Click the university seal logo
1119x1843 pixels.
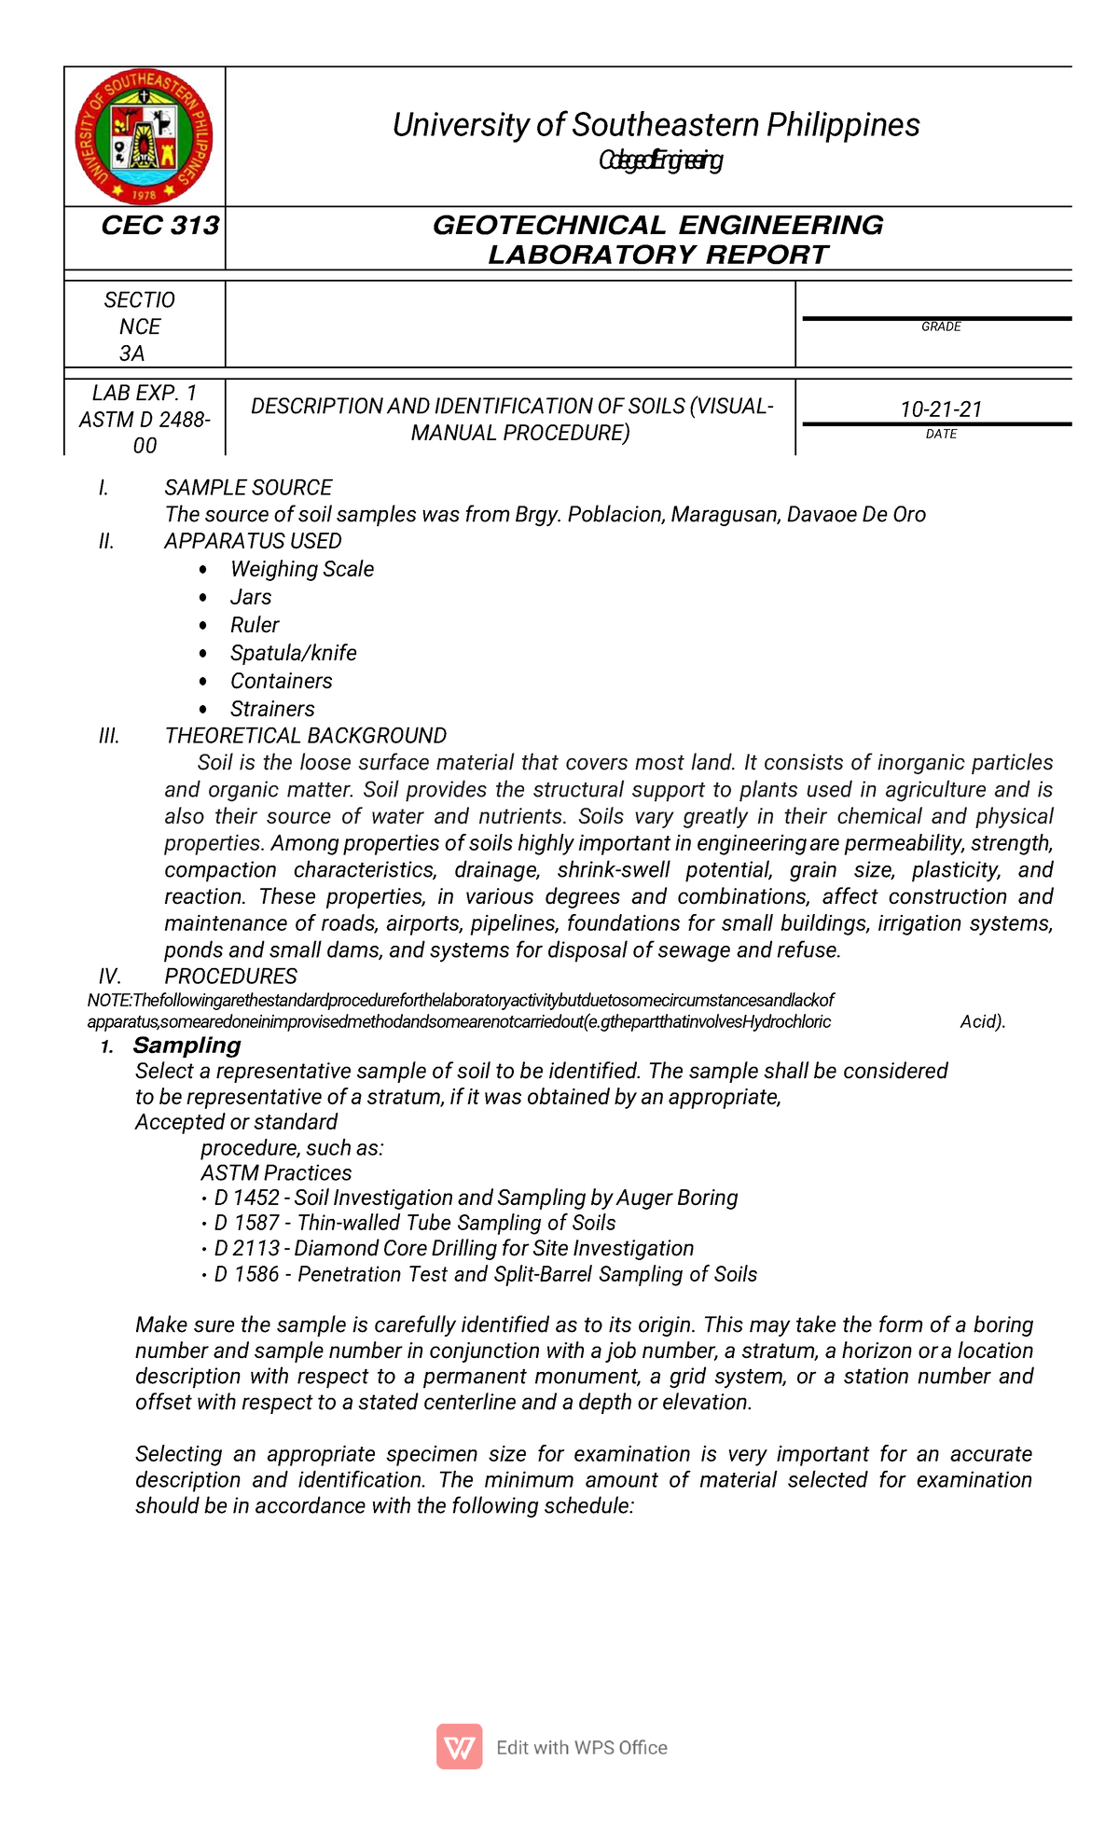[144, 137]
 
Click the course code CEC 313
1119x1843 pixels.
[159, 226]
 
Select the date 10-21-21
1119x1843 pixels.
[941, 409]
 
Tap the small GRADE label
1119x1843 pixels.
[941, 327]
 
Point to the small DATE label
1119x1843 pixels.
[941, 435]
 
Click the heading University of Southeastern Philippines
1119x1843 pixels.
[656, 125]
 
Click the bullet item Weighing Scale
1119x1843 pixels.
[302, 569]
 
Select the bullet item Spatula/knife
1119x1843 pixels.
[293, 653]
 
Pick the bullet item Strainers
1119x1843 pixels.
[272, 709]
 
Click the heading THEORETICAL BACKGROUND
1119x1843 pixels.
[305, 736]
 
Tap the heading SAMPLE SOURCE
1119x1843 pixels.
[248, 488]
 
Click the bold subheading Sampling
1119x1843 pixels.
[186, 1046]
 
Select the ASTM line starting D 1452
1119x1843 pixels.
[476, 1198]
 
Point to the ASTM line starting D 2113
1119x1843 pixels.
[453, 1249]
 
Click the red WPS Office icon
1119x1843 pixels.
[460, 1747]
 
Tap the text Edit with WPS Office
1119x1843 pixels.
[582, 1748]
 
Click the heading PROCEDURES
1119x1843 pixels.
[230, 977]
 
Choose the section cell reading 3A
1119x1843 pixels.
[132, 353]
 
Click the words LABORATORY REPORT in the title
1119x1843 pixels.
[657, 255]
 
